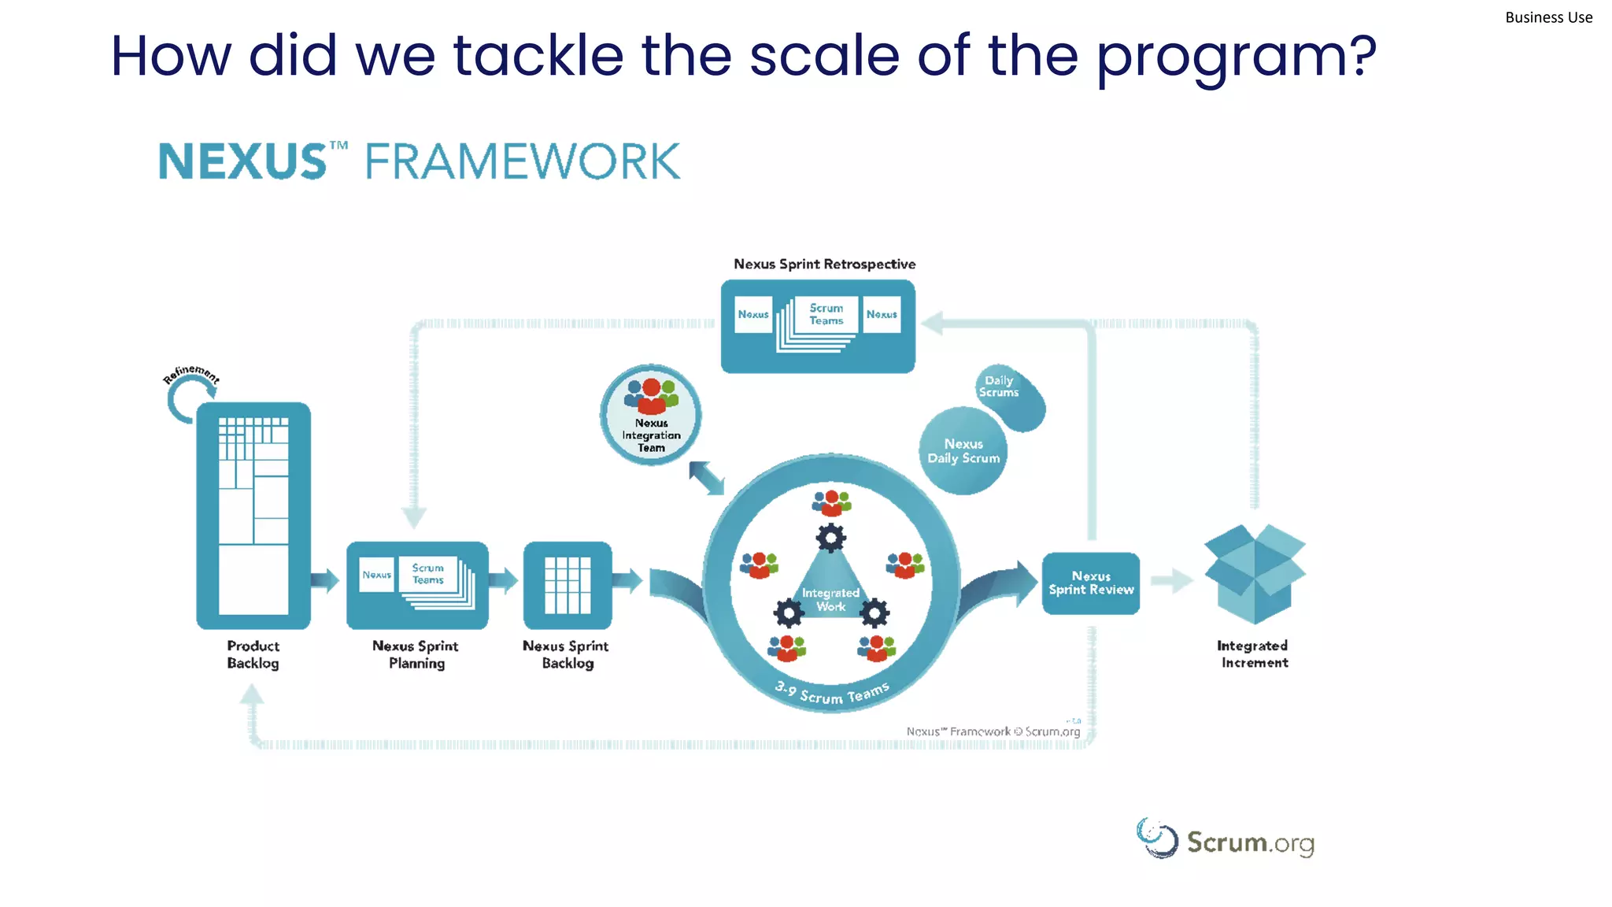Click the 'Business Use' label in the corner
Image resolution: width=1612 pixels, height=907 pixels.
pyautogui.click(x=1547, y=17)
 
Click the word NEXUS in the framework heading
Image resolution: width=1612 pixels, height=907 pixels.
pyautogui.click(x=242, y=162)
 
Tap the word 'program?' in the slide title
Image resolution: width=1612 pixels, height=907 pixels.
pyautogui.click(x=1236, y=57)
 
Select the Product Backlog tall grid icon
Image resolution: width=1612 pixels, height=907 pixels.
pyautogui.click(x=253, y=516)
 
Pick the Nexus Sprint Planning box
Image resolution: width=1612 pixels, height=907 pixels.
pyautogui.click(x=417, y=584)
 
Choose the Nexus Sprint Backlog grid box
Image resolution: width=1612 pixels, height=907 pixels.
pyautogui.click(x=568, y=584)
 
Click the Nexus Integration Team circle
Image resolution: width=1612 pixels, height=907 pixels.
pyautogui.click(x=651, y=415)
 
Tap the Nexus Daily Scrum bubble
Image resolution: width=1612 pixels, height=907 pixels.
pyautogui.click(x=963, y=451)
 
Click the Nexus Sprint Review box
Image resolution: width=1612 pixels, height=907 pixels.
pyautogui.click(x=1091, y=583)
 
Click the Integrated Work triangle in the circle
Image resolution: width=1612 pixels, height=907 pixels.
pyautogui.click(x=830, y=590)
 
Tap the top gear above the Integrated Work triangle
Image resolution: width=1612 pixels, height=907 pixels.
pyautogui.click(x=830, y=538)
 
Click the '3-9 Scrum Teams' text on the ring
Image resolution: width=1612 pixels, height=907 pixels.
pyautogui.click(x=832, y=694)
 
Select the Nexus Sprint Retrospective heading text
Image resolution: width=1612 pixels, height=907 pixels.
pyautogui.click(x=824, y=265)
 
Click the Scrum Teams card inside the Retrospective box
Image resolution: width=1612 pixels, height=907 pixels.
pyautogui.click(x=826, y=315)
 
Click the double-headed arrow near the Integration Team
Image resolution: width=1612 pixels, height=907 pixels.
pyautogui.click(x=706, y=478)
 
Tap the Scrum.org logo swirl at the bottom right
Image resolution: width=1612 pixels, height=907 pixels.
pyautogui.click(x=1157, y=839)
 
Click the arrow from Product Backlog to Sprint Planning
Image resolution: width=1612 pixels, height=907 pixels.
pyautogui.click(x=324, y=581)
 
